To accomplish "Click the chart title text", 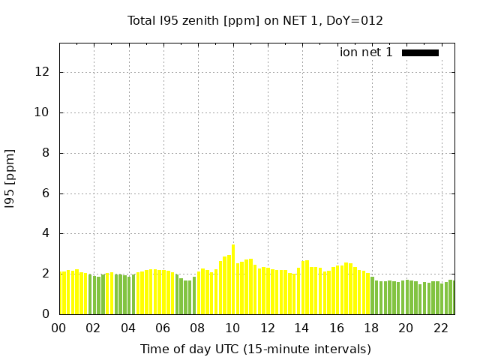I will point(255,20).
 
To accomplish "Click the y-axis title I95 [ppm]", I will point(10,178).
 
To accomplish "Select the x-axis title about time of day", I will point(255,349).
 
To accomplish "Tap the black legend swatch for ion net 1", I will point(420,52).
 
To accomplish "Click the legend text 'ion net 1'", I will point(366,52).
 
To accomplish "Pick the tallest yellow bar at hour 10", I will point(233,279).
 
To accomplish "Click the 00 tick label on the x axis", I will point(59,328).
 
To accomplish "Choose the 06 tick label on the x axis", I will point(163,328).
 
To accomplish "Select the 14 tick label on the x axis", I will point(302,328).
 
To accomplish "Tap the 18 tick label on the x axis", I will point(371,328).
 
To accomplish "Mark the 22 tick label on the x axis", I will point(441,328).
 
